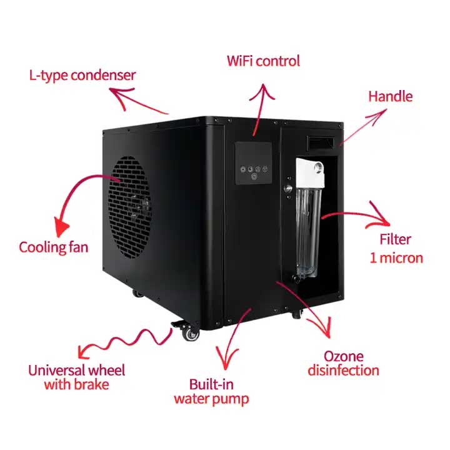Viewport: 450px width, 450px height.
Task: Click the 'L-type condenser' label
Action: point(82,76)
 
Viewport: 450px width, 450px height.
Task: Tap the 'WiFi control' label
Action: point(263,61)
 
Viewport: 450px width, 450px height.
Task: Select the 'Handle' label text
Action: point(390,96)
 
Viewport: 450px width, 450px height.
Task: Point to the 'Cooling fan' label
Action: point(53,247)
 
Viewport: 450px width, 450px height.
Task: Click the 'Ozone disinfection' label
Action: point(343,363)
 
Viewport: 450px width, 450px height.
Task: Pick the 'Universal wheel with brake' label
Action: point(76,376)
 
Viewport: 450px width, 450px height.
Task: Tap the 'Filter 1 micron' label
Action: point(396,248)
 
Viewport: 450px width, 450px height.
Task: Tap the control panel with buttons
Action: point(253,163)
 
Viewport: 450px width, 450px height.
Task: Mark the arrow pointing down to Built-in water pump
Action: point(234,341)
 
